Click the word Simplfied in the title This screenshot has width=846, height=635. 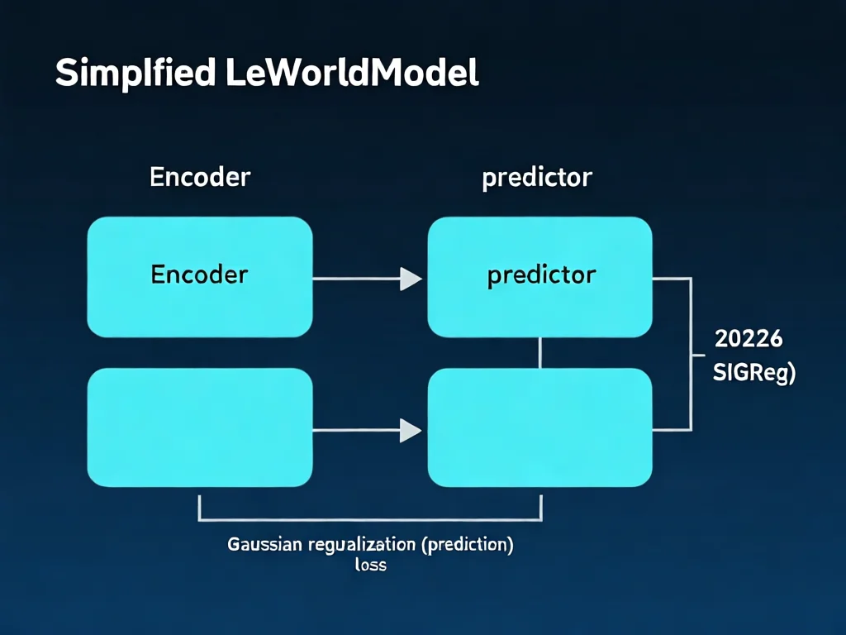click(x=135, y=74)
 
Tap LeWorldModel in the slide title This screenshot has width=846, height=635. click(x=351, y=74)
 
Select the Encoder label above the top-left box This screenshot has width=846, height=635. click(x=200, y=177)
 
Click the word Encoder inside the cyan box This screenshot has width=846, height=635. click(x=200, y=275)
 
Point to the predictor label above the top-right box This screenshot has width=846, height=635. click(x=537, y=178)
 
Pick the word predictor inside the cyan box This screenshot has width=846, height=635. click(x=541, y=275)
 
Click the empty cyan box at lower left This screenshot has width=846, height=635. click(x=200, y=427)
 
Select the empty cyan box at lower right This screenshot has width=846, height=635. click(x=539, y=427)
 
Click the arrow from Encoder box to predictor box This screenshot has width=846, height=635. click(x=368, y=279)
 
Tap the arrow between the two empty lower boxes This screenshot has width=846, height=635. click(x=368, y=430)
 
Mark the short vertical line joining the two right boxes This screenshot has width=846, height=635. click(x=539, y=352)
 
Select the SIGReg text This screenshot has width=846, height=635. click(x=753, y=373)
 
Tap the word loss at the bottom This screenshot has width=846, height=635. click(x=370, y=566)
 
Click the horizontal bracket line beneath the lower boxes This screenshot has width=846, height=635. click(x=370, y=520)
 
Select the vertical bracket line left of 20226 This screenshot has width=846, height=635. click(x=691, y=354)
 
